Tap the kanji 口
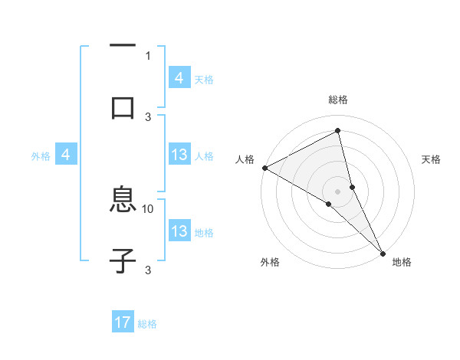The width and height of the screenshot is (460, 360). click(x=123, y=107)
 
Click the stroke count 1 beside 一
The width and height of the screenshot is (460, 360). click(x=148, y=55)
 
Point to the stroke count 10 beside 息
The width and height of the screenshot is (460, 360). click(x=148, y=208)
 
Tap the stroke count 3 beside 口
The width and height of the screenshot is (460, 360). click(x=148, y=116)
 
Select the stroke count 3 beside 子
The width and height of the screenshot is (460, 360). click(x=148, y=270)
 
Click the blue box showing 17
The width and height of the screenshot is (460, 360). click(x=123, y=323)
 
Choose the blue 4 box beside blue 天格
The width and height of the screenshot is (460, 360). click(x=179, y=78)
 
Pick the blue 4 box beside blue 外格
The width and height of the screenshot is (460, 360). click(x=66, y=155)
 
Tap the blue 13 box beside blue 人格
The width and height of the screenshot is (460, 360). click(x=179, y=155)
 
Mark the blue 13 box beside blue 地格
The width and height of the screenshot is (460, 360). click(x=179, y=231)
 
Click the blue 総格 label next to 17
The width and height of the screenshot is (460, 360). click(x=147, y=324)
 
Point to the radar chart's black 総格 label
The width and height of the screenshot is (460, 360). click(x=338, y=100)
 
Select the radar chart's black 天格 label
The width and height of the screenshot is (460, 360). click(x=431, y=159)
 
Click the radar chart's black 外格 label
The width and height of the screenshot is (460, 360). click(x=270, y=262)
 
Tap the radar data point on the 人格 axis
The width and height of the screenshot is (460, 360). click(x=264, y=168)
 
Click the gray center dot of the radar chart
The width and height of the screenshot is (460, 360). click(x=338, y=191)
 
